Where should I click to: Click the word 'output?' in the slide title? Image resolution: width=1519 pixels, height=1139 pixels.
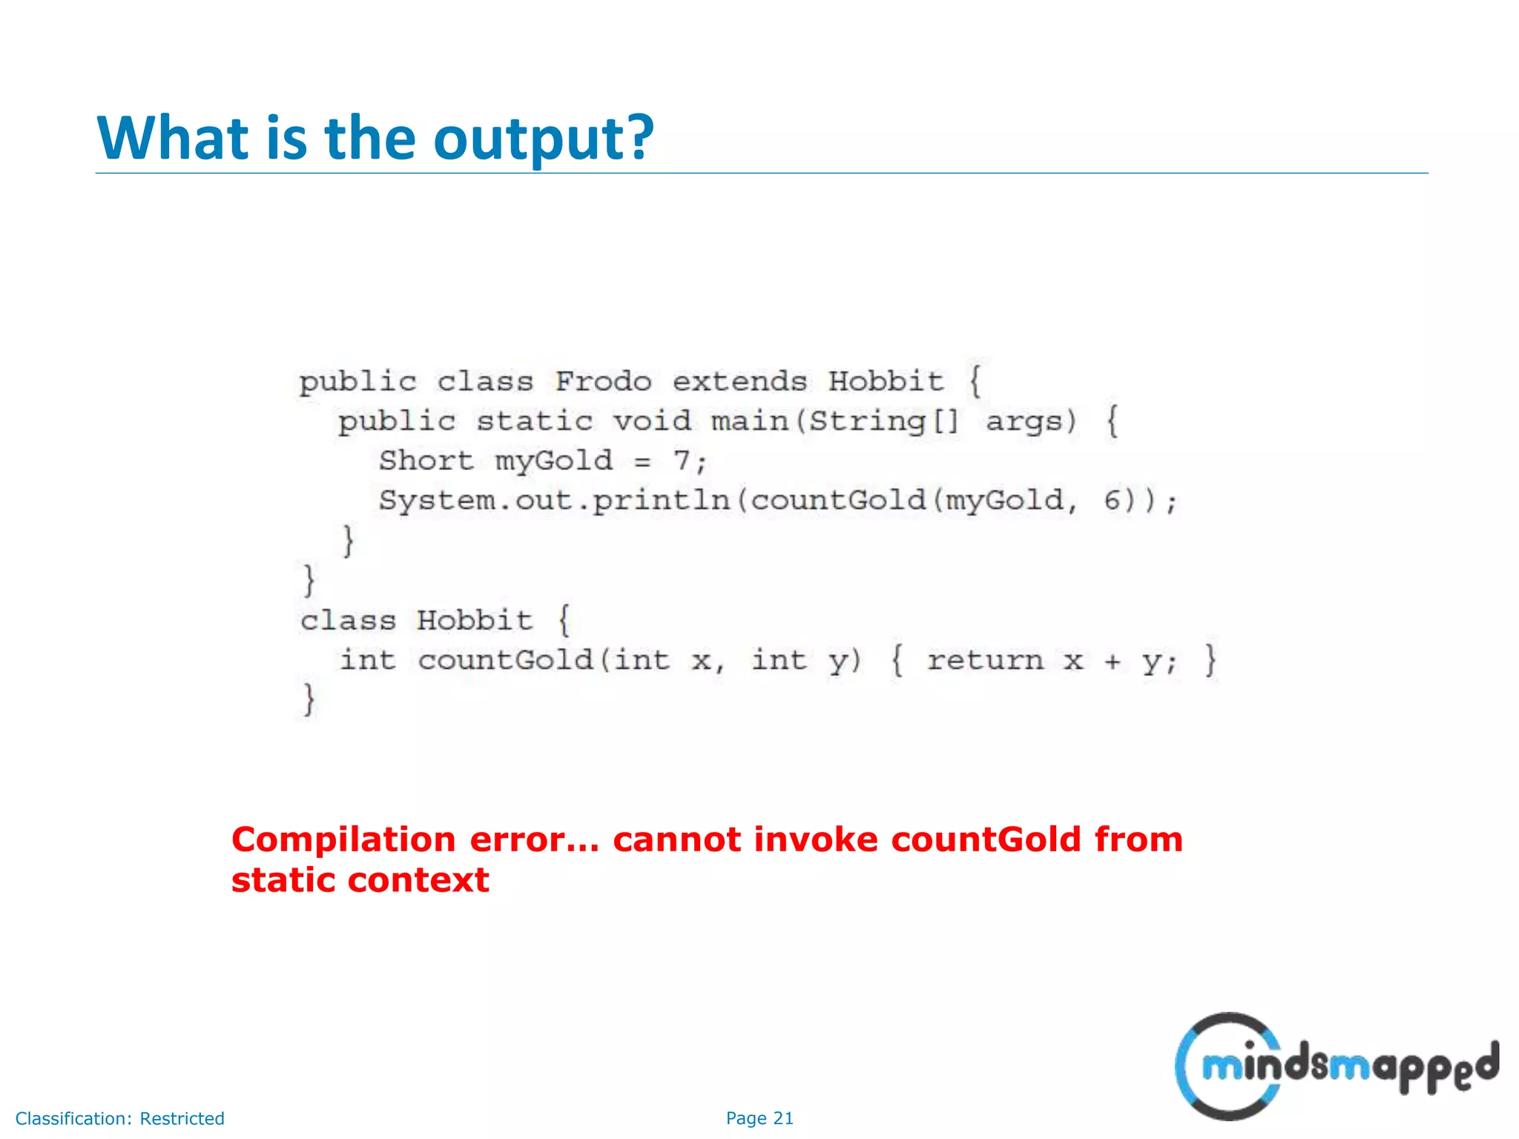(543, 139)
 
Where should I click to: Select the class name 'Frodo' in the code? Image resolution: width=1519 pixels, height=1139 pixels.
(603, 382)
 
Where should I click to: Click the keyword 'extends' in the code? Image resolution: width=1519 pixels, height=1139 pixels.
(739, 382)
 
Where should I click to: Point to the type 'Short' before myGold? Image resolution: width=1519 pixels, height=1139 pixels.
(426, 460)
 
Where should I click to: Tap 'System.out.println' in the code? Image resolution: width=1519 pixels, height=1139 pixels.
(554, 501)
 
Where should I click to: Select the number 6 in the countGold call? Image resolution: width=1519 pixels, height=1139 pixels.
(1113, 501)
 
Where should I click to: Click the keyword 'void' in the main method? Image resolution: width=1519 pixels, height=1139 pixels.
(652, 421)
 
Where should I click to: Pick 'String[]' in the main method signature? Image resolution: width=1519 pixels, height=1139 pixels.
(883, 421)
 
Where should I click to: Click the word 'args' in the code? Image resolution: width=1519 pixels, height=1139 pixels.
(1030, 421)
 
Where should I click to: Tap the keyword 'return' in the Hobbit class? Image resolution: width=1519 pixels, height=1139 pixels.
(985, 660)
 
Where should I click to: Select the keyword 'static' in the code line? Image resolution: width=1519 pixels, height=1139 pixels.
(534, 421)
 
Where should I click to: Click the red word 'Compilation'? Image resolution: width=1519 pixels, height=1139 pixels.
(343, 840)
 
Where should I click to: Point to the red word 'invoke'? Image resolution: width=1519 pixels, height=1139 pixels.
(815, 840)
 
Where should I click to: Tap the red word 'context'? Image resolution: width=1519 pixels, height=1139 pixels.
(418, 881)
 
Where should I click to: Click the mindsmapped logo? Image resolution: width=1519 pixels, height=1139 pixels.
(1335, 1066)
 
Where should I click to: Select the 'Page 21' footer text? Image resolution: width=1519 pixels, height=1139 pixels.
(759, 1118)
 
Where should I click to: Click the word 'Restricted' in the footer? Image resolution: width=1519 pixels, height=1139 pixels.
(182, 1118)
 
